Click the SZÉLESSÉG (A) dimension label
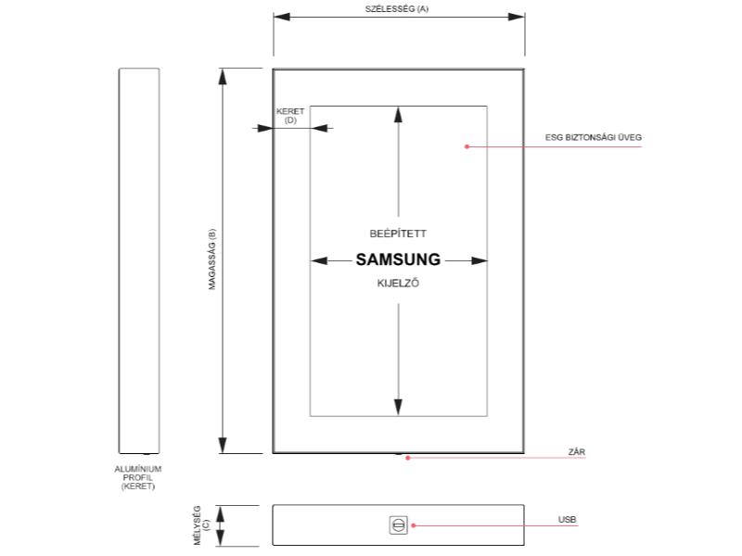coord(397,9)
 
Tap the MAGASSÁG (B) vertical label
coord(212,259)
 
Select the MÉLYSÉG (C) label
coord(200,524)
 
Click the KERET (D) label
coord(290,116)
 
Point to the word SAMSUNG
coord(398,259)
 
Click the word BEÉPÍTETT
coord(398,234)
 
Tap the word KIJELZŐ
coord(398,284)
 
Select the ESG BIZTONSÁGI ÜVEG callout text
coord(594,137)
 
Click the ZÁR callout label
coord(576,452)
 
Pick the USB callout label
coord(567,520)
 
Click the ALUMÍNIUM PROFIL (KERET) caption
coord(138,477)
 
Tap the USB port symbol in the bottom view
coord(398,525)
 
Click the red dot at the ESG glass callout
coord(467,146)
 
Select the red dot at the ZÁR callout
coord(407,458)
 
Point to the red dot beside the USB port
coord(413,525)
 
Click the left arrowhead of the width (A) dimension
coord(282,17)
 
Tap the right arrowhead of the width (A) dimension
coord(517,17)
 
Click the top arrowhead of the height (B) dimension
coord(223,77)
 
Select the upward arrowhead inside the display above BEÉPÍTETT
coord(399,115)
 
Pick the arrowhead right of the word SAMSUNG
coord(480,260)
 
